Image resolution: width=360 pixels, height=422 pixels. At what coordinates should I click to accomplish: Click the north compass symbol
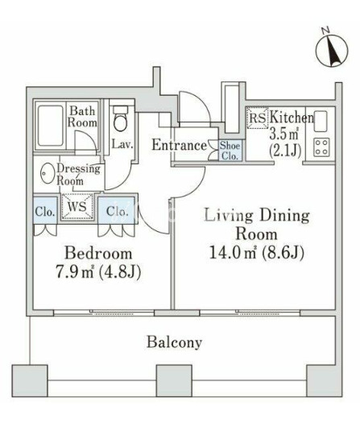click(332, 50)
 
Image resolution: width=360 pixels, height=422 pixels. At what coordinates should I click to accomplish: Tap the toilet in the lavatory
click(120, 118)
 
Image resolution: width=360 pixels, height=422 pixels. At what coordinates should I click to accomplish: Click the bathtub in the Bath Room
click(50, 126)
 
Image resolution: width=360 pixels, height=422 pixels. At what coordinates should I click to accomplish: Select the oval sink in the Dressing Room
click(48, 173)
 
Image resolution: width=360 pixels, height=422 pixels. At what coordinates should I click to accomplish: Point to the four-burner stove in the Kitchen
click(321, 147)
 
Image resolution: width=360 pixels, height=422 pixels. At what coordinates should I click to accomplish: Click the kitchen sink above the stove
click(321, 121)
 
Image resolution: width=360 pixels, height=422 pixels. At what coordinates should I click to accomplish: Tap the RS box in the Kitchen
click(258, 118)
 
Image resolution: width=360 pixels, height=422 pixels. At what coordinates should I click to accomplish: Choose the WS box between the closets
click(77, 206)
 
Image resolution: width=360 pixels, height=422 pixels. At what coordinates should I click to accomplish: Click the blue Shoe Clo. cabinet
click(230, 151)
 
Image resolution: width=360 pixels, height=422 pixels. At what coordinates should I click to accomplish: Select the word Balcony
click(174, 342)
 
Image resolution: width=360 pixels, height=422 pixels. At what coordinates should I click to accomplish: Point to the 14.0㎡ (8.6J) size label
click(256, 252)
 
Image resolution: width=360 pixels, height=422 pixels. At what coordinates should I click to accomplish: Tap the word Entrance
click(179, 145)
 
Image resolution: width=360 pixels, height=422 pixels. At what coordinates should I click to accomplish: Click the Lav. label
click(122, 144)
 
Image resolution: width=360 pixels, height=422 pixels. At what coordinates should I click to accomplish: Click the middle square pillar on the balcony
click(174, 381)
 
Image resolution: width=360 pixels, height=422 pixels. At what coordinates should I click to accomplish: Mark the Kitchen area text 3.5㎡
click(283, 134)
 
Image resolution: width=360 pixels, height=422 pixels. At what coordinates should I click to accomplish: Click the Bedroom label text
click(98, 254)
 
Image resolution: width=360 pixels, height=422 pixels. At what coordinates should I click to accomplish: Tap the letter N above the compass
click(326, 31)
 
